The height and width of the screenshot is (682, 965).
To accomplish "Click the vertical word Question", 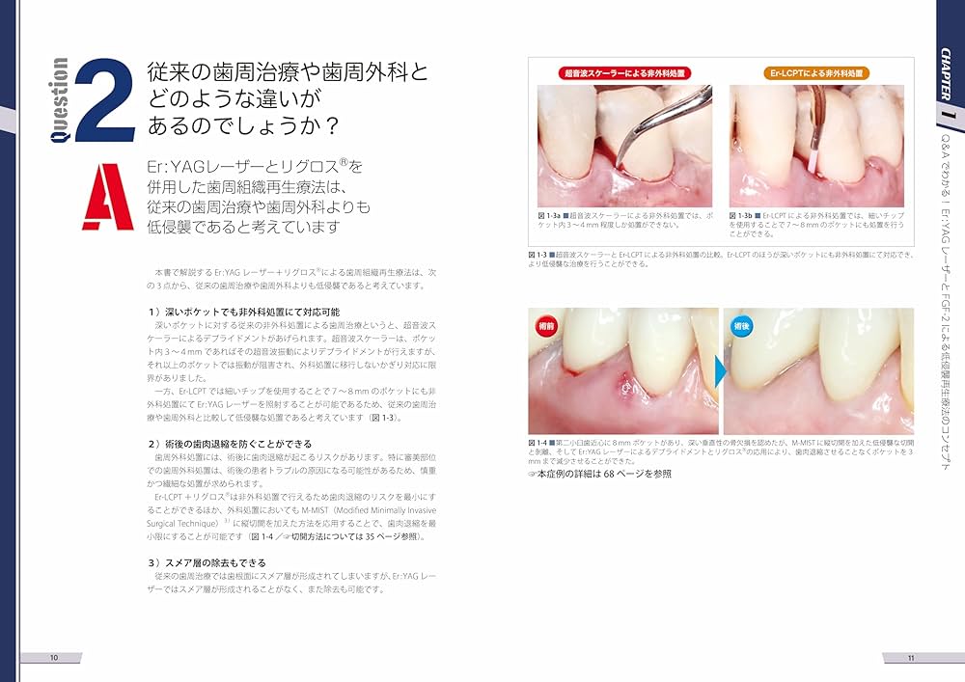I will pos(58,101).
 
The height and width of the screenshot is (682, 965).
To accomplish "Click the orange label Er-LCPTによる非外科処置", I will pos(817,72).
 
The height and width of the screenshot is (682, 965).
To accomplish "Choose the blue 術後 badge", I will pos(742,326).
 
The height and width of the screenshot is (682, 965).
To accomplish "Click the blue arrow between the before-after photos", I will pos(721,370).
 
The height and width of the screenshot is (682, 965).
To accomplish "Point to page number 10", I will pos(54,657).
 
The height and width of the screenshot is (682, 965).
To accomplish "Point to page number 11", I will pos(910,657).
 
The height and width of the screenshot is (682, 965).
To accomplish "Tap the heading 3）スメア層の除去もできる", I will pos(207,561).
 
